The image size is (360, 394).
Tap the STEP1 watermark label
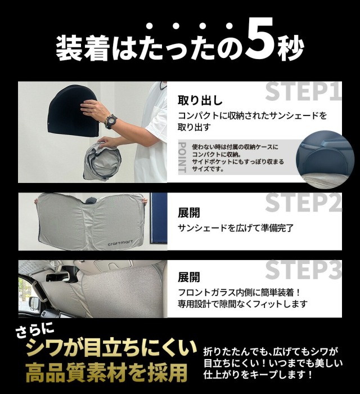(x=303, y=91)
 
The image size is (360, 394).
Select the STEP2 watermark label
(x=303, y=202)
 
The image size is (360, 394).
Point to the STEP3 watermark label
(x=303, y=270)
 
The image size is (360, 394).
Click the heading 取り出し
(x=200, y=100)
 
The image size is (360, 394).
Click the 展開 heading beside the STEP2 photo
(x=189, y=213)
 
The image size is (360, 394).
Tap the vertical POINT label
(x=182, y=157)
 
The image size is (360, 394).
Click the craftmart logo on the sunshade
(x=120, y=243)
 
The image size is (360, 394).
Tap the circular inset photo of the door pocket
(x=325, y=158)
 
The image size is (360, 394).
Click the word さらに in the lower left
(x=34, y=332)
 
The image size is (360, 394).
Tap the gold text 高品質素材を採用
(x=107, y=372)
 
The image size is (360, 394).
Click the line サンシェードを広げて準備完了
(x=236, y=228)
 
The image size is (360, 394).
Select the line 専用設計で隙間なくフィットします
(x=242, y=304)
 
